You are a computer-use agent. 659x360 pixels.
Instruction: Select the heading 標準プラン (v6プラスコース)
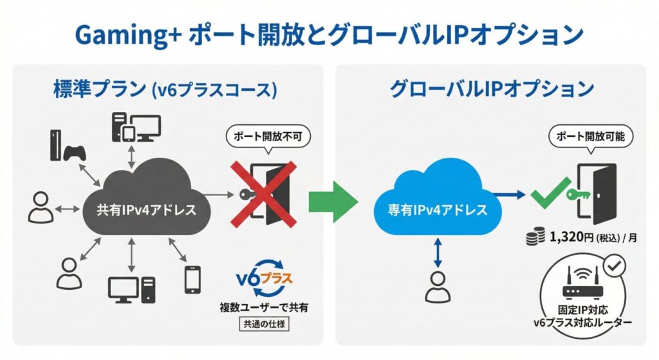pyautogui.click(x=165, y=90)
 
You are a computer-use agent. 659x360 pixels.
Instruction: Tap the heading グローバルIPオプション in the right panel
pyautogui.click(x=492, y=90)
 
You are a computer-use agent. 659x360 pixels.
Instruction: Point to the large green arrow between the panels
pyautogui.click(x=332, y=200)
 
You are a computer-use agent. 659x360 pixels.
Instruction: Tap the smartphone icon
pyautogui.click(x=192, y=279)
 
